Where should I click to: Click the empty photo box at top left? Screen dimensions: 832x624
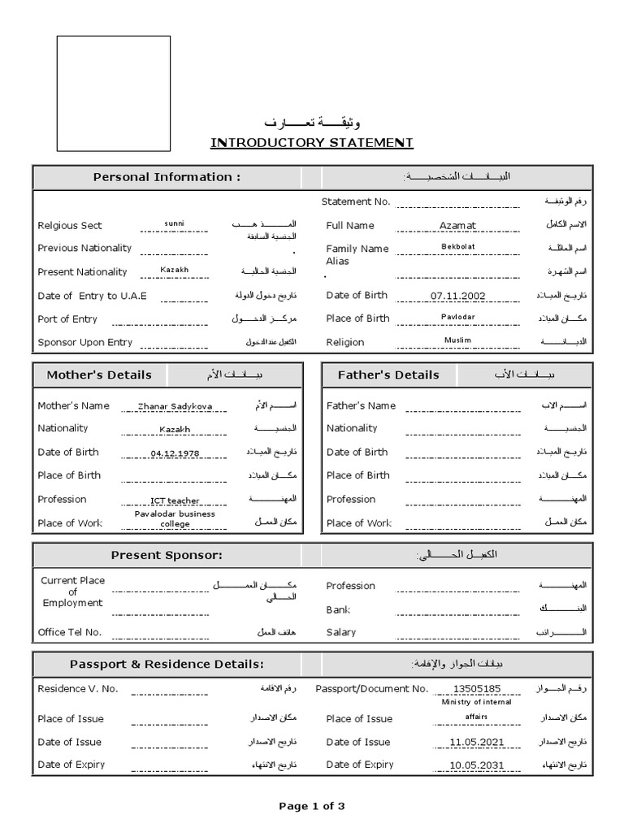pos(112,93)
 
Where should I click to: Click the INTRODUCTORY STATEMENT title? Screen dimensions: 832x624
pos(312,143)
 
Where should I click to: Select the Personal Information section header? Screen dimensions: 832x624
pos(167,177)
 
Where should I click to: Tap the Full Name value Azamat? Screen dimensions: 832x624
pos(457,225)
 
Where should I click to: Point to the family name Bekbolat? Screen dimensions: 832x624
pos(457,245)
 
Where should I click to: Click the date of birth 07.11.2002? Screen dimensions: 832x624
pos(458,296)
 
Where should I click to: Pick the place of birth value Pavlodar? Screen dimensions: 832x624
pos(457,316)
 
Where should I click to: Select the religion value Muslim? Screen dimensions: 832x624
pos(457,340)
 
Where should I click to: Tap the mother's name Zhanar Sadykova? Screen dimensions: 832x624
pos(175,406)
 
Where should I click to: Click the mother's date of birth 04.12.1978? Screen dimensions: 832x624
pos(175,453)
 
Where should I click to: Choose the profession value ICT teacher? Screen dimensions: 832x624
pos(175,500)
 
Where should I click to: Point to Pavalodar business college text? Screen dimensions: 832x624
pos(175,518)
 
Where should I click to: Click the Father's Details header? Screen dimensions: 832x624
pos(388,375)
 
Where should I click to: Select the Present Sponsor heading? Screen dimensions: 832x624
pos(167,555)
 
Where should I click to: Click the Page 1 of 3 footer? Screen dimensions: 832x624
pos(312,806)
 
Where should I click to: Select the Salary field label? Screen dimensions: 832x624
pos(341,632)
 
